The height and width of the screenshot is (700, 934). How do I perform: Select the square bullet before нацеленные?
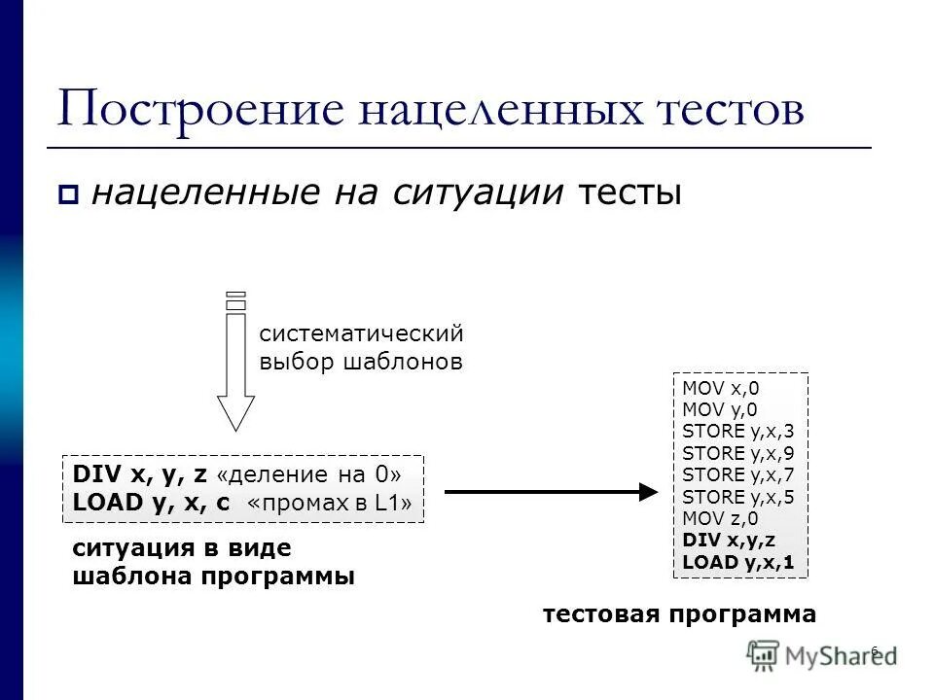tap(67, 194)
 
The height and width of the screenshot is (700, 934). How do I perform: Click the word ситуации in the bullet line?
tap(479, 192)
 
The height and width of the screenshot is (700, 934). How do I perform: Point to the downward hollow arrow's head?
tap(234, 412)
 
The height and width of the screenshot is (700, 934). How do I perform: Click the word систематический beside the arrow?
tap(361, 333)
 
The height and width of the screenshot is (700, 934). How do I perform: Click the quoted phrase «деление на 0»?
tap(309, 474)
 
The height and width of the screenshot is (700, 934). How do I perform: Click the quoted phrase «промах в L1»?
tap(331, 503)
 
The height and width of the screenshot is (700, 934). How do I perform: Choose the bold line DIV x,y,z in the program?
tap(729, 540)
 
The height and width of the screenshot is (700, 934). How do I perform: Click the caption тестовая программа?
tap(679, 614)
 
